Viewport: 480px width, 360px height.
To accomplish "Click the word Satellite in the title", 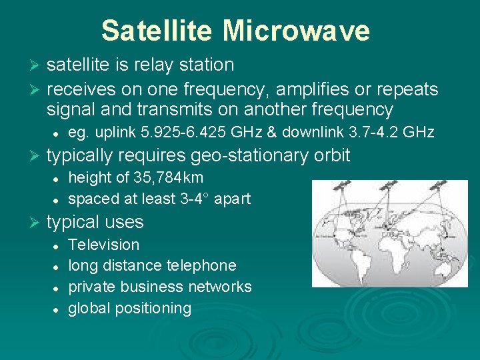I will [157, 31].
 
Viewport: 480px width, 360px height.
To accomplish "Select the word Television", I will [104, 245].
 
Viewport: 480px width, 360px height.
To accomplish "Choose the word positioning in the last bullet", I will [153, 308].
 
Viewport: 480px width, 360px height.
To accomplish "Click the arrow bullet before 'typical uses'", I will [37, 223].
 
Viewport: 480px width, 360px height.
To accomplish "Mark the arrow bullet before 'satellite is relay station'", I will [37, 66].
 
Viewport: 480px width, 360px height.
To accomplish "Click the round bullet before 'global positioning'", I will [58, 309].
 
